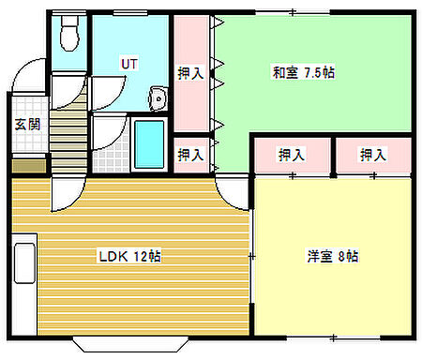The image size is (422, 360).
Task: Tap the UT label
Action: tap(128, 64)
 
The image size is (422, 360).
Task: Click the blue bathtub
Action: tap(149, 142)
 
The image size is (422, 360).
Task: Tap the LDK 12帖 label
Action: tap(129, 256)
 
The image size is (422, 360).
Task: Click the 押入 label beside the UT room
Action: tap(191, 72)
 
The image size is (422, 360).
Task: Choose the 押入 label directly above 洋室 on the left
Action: tap(292, 155)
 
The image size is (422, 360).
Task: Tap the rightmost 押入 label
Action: tap(373, 155)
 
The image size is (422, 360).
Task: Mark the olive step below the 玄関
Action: tap(27, 166)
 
